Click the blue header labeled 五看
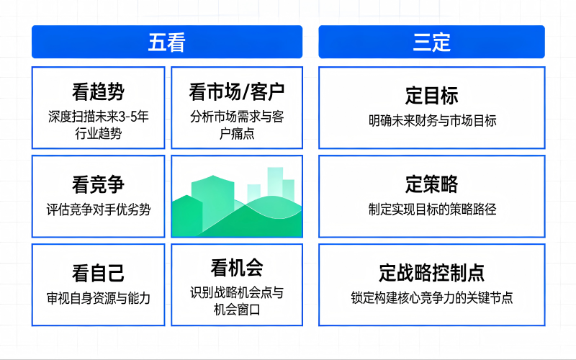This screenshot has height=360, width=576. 167,42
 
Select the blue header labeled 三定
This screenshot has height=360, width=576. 431,42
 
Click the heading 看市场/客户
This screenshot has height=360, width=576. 237,92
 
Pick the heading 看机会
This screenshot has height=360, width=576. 237,268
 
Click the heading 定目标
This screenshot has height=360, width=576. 431,96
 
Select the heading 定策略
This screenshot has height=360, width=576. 431,184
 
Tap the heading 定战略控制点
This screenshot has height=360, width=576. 431,273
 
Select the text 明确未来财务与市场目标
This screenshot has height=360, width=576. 431,121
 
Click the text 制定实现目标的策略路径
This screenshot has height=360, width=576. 431,210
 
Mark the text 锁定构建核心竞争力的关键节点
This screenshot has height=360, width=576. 431,297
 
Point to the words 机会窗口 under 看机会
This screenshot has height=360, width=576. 237,310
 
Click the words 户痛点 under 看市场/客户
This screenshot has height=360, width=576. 237,133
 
